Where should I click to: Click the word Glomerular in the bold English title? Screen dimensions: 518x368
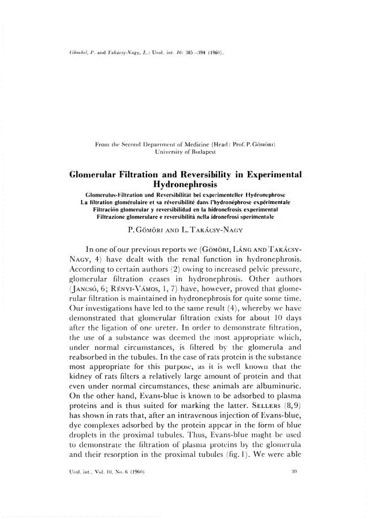pyautogui.click(x=97, y=174)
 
